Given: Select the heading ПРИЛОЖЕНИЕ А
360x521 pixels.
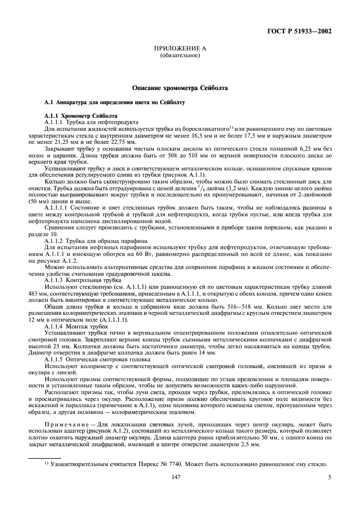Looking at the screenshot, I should point(179,50).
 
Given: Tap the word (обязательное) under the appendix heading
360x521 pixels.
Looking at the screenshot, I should point(179,57).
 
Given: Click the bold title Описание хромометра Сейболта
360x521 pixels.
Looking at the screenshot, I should point(179,88).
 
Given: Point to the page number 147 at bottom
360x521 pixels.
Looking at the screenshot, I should point(179,478).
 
